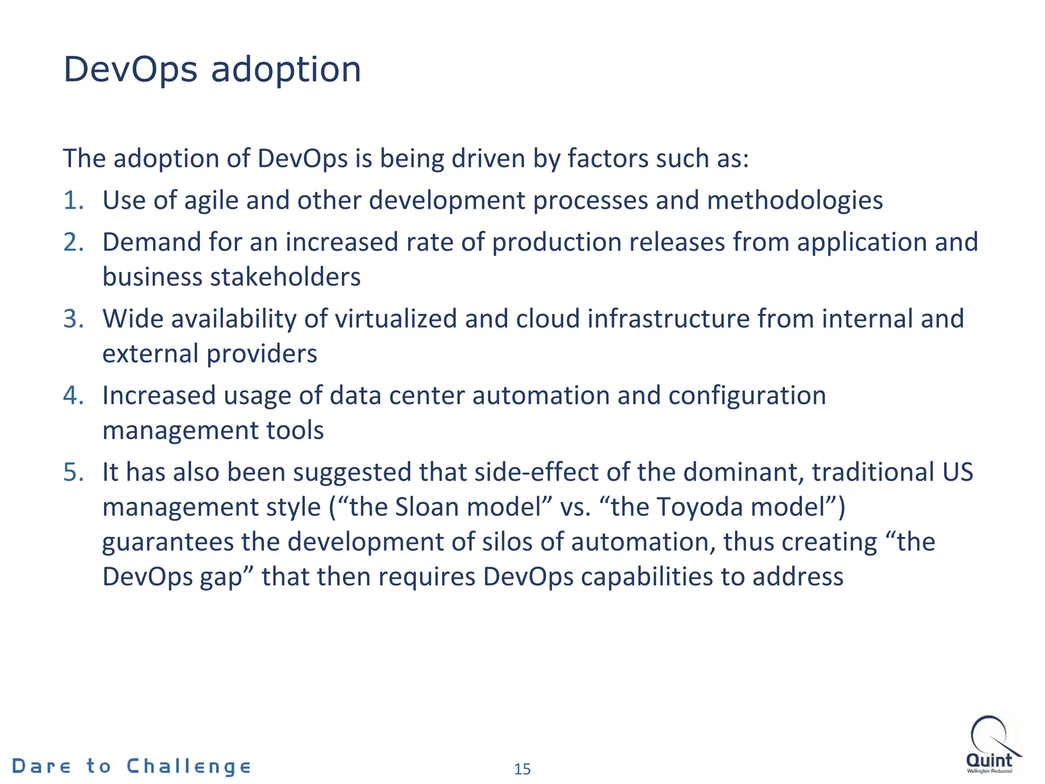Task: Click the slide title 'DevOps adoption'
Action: (x=212, y=69)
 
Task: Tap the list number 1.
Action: (x=73, y=200)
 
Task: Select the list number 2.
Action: (x=73, y=242)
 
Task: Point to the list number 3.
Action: (x=73, y=318)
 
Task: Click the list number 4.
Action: (x=73, y=396)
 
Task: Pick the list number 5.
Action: (x=73, y=472)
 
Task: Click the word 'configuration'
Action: (x=747, y=396)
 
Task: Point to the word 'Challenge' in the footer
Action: (x=188, y=767)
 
